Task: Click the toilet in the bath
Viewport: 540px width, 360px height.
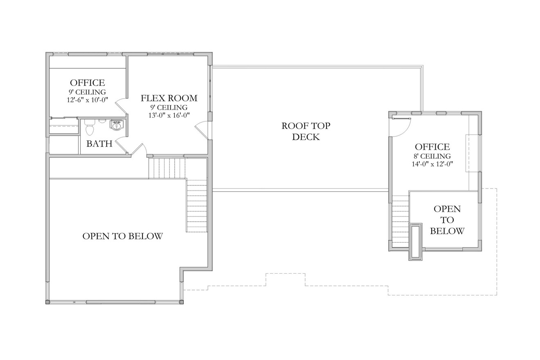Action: [x=90, y=128]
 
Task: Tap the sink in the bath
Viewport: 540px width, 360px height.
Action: [x=117, y=125]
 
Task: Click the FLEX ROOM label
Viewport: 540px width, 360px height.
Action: [x=169, y=98]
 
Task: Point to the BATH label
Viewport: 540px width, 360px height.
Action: [x=99, y=144]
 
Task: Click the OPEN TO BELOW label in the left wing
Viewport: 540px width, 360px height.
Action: [x=123, y=236]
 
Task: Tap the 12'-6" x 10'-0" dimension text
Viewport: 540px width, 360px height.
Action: [x=87, y=100]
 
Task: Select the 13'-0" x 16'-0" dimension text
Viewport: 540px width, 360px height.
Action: [x=169, y=115]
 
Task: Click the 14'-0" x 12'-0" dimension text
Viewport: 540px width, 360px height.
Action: [x=432, y=164]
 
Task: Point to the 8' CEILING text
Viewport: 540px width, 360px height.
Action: [x=432, y=156]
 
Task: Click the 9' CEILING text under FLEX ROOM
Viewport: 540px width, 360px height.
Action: [x=169, y=107]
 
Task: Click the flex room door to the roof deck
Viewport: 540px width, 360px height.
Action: [x=202, y=131]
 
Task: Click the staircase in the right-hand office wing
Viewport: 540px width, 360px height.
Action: [x=400, y=221]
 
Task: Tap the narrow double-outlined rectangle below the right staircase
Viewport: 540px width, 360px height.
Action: [x=416, y=241]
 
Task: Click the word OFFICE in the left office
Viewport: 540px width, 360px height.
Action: [x=87, y=83]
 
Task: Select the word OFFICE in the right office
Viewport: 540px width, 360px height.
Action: [x=432, y=147]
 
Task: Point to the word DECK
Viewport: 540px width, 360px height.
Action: [x=306, y=137]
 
